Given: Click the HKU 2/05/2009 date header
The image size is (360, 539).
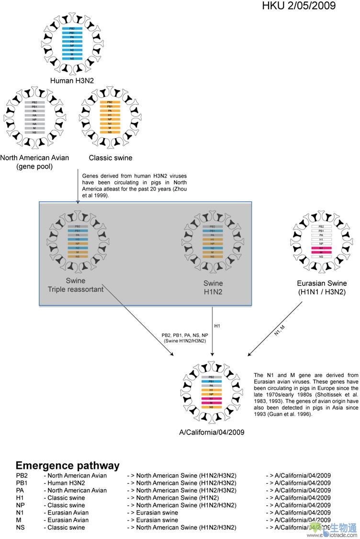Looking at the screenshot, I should (299, 6).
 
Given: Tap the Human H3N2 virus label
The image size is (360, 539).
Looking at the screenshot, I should (72, 80).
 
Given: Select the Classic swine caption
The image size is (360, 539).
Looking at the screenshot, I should (111, 158).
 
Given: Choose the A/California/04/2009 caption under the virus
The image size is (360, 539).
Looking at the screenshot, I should (212, 432).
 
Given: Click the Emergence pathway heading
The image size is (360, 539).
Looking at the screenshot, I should (67, 465).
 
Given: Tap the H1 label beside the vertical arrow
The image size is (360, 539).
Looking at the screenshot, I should (217, 326).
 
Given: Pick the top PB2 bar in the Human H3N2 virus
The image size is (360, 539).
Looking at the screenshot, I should (72, 29).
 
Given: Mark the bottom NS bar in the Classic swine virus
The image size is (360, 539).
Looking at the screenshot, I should (110, 132).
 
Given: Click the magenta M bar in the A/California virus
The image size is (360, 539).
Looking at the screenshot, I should (212, 403).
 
